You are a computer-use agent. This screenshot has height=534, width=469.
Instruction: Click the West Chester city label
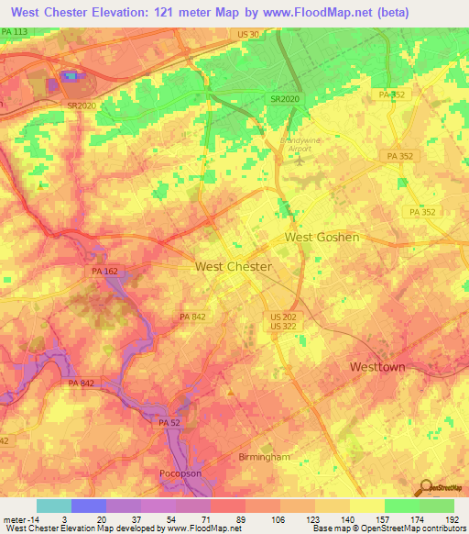tap(234, 267)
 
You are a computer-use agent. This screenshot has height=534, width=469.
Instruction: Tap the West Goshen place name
tap(322, 237)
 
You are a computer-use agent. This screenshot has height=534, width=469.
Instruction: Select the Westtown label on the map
tap(377, 366)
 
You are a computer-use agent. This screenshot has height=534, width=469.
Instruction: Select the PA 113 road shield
tap(15, 31)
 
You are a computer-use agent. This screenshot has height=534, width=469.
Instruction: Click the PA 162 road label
tap(104, 273)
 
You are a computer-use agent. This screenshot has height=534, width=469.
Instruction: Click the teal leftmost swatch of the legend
tap(54, 506)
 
